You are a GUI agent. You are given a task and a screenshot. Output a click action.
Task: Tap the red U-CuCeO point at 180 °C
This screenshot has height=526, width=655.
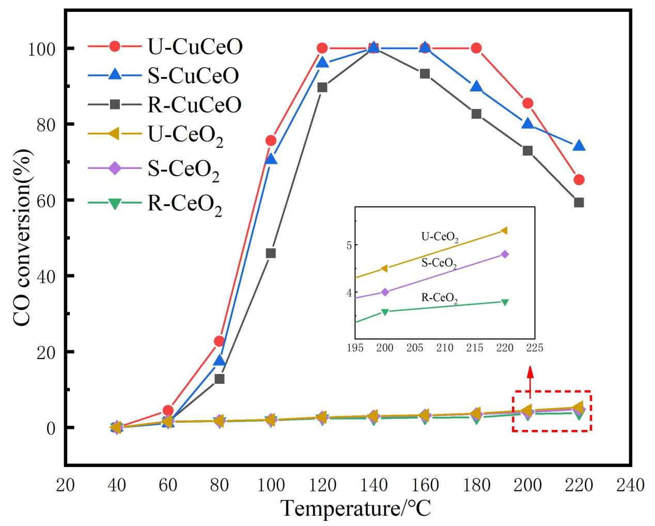coord(476,49)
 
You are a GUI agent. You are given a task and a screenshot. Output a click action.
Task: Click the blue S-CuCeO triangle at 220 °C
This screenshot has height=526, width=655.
coord(579,146)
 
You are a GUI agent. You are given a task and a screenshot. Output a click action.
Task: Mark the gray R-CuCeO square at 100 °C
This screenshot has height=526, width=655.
coord(271,253)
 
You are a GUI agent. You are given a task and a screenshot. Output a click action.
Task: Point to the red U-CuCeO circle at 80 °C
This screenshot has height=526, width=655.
coord(220,342)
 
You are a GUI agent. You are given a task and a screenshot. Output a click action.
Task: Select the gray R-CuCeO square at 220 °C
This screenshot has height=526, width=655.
coord(579,203)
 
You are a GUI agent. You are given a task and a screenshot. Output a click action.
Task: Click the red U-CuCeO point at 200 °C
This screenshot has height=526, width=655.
coord(527,103)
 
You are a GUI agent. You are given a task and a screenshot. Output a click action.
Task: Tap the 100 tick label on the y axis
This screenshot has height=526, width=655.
coord(41,50)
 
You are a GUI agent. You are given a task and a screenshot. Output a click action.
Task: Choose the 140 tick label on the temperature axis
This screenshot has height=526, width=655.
coord(373,485)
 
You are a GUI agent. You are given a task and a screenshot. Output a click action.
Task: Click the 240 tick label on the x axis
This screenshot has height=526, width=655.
coord(630,485)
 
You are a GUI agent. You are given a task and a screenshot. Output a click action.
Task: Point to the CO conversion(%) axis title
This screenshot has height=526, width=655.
coord(22,238)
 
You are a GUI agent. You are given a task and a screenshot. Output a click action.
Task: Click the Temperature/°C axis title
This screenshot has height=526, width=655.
coord(356,508)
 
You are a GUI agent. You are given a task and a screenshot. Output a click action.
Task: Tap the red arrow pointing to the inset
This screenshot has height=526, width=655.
coord(530,381)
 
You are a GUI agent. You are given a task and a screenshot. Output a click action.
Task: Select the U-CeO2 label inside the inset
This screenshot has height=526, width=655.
coord(440,237)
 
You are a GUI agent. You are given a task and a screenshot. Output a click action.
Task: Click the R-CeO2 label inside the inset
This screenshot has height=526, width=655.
coord(440,298)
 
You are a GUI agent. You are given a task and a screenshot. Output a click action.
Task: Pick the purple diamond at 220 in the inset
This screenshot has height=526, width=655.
coord(505,254)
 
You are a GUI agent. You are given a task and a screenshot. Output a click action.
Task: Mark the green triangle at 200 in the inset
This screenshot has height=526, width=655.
coord(385,312)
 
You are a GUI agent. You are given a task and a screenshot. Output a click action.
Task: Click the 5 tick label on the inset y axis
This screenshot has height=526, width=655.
coord(349,245)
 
